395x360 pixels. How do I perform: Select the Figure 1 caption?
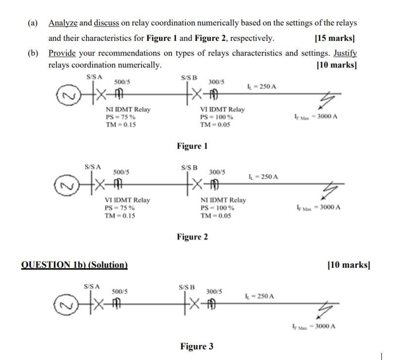[192, 146]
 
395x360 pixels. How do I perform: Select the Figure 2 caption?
[192, 237]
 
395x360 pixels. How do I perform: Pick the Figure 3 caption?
[197, 346]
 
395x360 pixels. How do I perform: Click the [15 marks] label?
[334, 38]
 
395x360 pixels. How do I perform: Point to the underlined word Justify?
[345, 53]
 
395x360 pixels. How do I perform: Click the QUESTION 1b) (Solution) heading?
[74, 265]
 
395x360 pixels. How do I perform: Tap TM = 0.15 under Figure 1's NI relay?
[121, 124]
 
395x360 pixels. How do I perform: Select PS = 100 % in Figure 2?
[217, 208]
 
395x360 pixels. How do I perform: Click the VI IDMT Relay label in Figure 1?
[222, 109]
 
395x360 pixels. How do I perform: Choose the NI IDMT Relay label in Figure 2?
[223, 200]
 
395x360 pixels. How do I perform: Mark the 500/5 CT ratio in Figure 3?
[119, 291]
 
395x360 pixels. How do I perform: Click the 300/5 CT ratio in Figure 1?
[216, 82]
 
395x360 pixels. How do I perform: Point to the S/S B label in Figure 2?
[189, 168]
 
